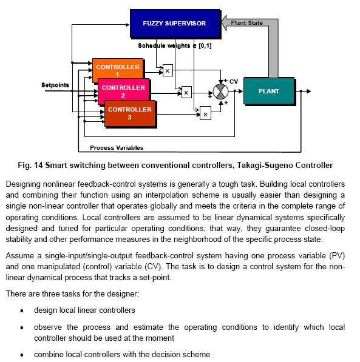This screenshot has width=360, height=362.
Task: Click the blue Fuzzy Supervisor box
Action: pos(175,23)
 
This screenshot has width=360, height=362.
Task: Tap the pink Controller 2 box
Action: pos(123,90)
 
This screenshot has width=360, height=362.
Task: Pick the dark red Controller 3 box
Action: pos(130,113)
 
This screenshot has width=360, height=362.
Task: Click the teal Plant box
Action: pos(269,91)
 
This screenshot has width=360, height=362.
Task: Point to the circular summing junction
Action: pos(220,92)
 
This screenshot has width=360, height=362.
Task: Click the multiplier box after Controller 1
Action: pos(168,70)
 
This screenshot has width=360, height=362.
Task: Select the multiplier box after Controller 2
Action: pos(186,92)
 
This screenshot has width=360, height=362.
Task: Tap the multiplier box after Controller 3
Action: pos(205,113)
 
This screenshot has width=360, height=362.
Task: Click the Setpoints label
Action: pos(55,85)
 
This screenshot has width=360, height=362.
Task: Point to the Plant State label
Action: pos(246,23)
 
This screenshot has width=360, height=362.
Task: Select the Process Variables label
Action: pos(117,148)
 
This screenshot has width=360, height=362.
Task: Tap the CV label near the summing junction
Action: pos(234,82)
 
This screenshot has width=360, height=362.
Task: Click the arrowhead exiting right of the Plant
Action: pos(308,91)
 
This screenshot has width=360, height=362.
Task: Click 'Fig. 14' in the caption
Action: pos(30,166)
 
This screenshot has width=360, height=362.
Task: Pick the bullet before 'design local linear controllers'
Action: pos(22,310)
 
